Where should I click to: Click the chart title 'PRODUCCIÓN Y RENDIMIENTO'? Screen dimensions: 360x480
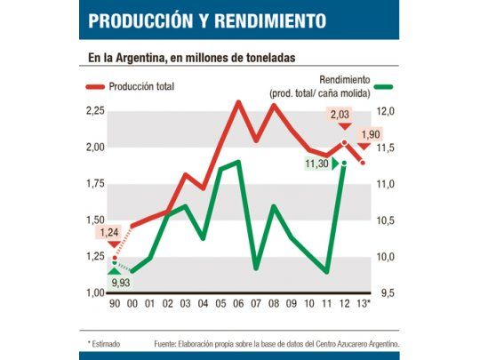point(206,20)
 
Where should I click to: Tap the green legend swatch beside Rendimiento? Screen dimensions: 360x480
point(383,86)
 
